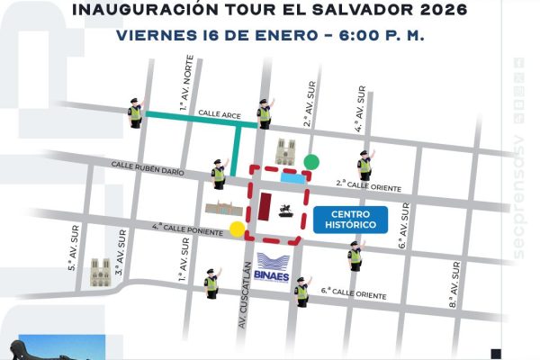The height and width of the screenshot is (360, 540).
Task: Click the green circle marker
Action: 311,162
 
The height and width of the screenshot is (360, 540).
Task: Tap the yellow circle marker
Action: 237,228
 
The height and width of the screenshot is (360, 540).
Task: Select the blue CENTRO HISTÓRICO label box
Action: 346,219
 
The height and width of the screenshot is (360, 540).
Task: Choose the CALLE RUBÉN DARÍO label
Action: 148,166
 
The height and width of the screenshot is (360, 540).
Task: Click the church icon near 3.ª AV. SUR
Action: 100,272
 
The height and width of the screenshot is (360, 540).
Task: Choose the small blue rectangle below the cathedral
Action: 291,178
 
